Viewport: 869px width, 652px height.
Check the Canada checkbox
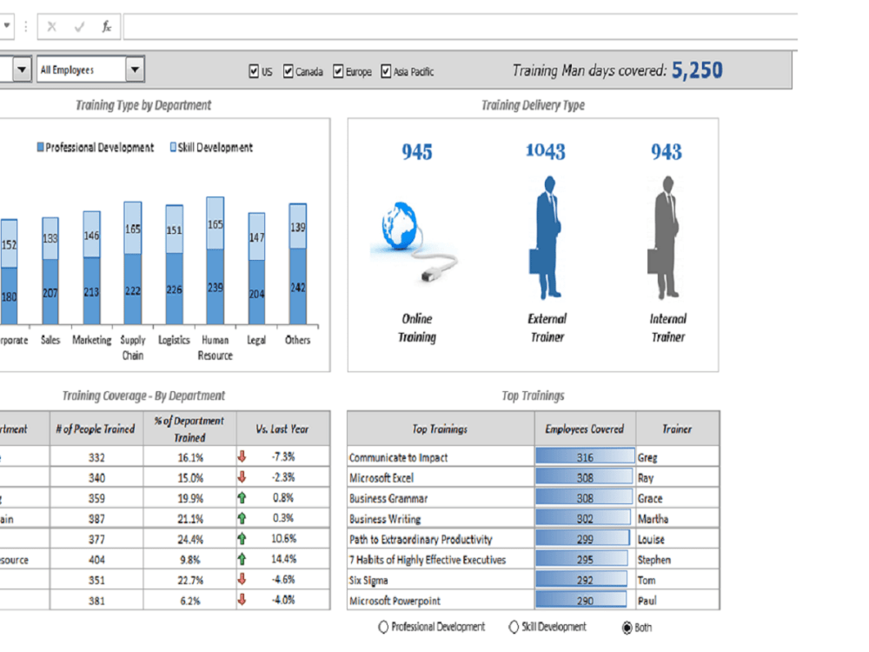point(289,72)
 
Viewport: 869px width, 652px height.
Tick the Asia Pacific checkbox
point(386,72)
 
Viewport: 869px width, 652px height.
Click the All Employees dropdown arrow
point(135,70)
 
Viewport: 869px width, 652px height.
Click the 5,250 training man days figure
point(697,70)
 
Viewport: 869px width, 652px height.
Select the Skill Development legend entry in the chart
point(174,148)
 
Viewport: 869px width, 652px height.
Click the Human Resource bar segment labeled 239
point(215,289)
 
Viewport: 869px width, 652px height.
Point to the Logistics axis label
point(174,340)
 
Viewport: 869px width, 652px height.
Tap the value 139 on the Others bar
point(298,227)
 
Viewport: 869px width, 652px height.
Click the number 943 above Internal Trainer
point(667,152)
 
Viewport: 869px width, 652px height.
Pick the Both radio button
point(627,628)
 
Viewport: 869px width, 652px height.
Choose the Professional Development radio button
point(383,628)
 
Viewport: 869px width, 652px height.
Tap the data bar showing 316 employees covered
point(584,457)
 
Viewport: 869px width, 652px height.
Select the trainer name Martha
point(653,519)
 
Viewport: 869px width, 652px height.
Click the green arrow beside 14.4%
point(242,560)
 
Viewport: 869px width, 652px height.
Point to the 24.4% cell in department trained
point(190,539)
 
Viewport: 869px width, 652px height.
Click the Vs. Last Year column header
point(282,429)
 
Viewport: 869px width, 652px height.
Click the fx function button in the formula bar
point(106,27)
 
